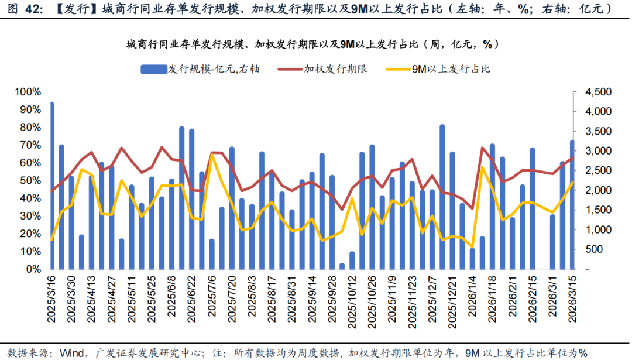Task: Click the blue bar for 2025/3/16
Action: pyautogui.click(x=52, y=186)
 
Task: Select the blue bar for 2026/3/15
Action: pyautogui.click(x=572, y=205)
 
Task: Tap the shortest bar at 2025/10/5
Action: pyautogui.click(x=342, y=266)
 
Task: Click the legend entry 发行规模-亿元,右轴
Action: pyautogui.click(x=199, y=69)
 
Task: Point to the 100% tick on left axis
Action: pyautogui.click(x=29, y=92)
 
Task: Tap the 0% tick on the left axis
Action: pyautogui.click(x=33, y=269)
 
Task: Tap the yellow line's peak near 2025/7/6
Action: pyautogui.click(x=212, y=155)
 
